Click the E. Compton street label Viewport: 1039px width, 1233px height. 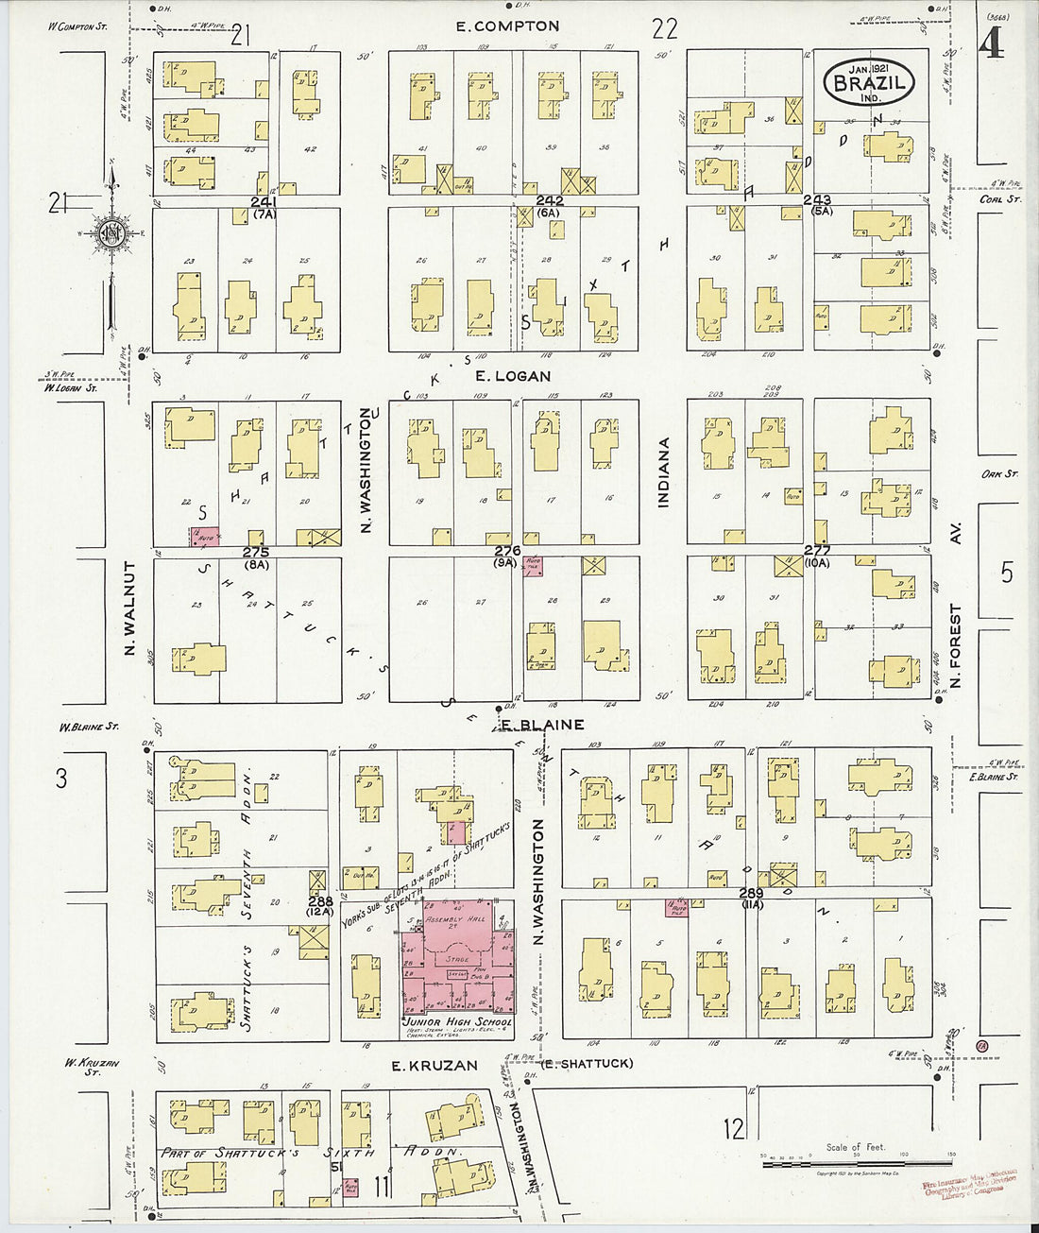[507, 26]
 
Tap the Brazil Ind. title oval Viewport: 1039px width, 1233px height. [869, 81]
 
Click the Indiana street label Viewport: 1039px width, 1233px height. [663, 472]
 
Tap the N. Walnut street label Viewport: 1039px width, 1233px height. [131, 609]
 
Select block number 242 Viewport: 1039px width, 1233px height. [550, 201]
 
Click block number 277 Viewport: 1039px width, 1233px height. [816, 550]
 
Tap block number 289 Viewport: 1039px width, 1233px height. [751, 892]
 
